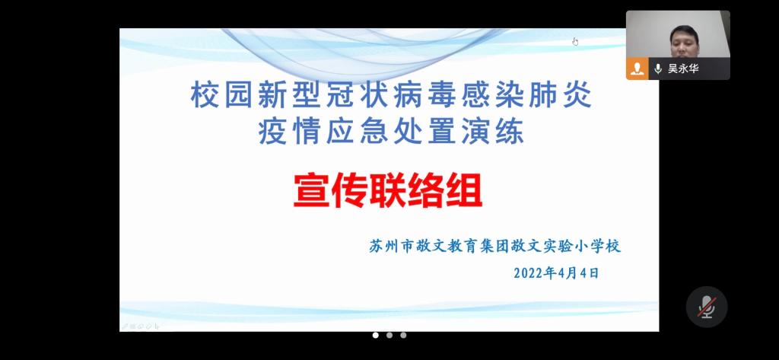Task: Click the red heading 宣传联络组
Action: (x=388, y=190)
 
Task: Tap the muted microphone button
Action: (x=707, y=307)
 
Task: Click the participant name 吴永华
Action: (x=683, y=68)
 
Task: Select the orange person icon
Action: (x=637, y=68)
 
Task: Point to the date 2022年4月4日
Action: (x=556, y=273)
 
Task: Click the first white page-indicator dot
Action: (x=376, y=335)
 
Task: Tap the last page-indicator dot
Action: (x=403, y=335)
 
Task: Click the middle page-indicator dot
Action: (x=389, y=335)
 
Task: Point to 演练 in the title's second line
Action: (x=493, y=132)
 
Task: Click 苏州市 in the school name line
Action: (x=391, y=246)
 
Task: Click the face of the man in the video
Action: (x=684, y=41)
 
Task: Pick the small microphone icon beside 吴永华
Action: (x=658, y=68)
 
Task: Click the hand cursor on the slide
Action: (x=575, y=41)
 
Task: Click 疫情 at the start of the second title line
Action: (x=289, y=132)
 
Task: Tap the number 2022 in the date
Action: (x=529, y=273)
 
